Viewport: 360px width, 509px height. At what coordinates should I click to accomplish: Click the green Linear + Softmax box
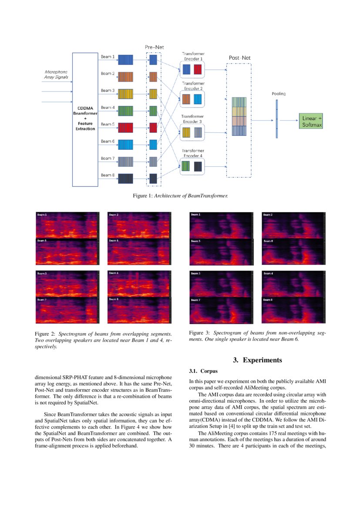312,121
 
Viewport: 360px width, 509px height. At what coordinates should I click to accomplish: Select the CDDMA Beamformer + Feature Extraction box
85,119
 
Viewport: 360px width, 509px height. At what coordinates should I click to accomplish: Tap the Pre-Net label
154,47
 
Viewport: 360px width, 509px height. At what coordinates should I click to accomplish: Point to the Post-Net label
239,57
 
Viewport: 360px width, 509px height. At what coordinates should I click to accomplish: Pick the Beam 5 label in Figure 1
108,125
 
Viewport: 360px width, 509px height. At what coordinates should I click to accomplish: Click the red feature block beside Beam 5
126,128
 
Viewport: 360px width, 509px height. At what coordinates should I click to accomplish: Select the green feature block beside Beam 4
126,111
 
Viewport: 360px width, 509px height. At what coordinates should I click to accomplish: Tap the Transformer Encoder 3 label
193,119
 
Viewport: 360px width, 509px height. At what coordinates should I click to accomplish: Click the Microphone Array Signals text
57,74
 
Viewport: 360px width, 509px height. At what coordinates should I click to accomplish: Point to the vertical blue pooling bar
276,119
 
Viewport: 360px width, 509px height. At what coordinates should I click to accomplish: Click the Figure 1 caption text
180,196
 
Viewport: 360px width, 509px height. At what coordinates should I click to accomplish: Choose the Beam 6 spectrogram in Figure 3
293,251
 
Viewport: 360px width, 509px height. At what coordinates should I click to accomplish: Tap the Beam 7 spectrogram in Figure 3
221,310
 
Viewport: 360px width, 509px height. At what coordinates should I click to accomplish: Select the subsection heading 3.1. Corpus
200,371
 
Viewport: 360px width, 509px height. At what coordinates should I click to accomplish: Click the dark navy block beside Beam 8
126,179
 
